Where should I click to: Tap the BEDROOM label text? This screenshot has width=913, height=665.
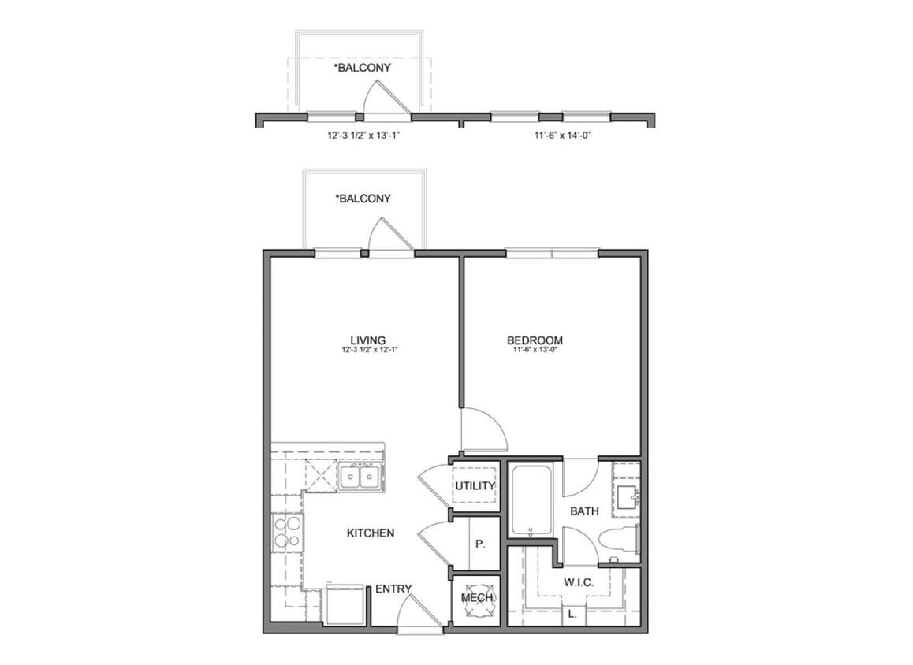(x=535, y=340)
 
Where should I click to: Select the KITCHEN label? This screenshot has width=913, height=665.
(x=371, y=533)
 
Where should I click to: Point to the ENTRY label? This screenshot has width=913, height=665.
(x=393, y=589)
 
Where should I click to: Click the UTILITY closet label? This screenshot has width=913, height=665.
(x=475, y=485)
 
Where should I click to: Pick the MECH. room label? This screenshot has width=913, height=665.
(x=476, y=598)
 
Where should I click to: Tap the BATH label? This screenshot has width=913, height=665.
(x=584, y=511)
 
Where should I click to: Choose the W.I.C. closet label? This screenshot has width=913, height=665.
(x=578, y=582)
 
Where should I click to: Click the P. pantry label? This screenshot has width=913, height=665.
(x=479, y=544)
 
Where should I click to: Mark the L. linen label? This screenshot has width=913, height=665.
(x=572, y=612)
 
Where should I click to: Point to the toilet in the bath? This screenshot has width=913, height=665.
(x=617, y=543)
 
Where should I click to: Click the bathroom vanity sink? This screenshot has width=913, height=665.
(x=628, y=496)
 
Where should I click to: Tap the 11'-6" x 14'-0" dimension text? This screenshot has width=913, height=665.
(x=561, y=136)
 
